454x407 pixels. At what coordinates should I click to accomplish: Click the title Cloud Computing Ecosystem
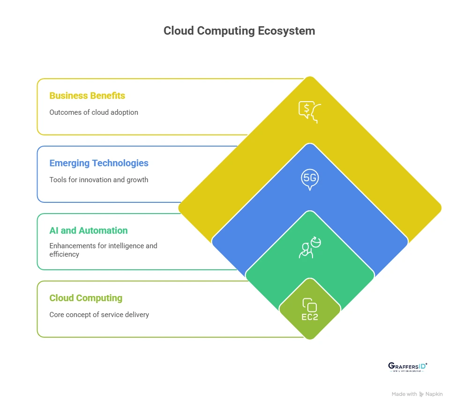coord(239,31)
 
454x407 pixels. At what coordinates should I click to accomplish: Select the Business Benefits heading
coord(87,96)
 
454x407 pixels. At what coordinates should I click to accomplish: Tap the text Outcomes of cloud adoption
coord(94,112)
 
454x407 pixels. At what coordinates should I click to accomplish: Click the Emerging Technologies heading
coord(99,163)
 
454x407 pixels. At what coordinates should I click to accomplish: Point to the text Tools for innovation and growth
coord(99,180)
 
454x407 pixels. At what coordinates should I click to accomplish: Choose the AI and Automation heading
coord(89,230)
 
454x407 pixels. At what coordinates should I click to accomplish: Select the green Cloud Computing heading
coord(86,298)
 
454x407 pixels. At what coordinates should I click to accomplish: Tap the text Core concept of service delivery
coord(99,315)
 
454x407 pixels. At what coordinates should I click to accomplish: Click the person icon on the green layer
coord(309,247)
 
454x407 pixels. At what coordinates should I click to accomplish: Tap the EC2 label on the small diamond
coord(310,318)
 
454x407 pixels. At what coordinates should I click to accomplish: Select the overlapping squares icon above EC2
coord(310,305)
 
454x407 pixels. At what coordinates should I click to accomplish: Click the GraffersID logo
coord(408,367)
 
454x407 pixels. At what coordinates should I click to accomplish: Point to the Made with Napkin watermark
coord(417,394)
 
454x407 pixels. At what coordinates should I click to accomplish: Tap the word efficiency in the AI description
coord(65,254)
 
